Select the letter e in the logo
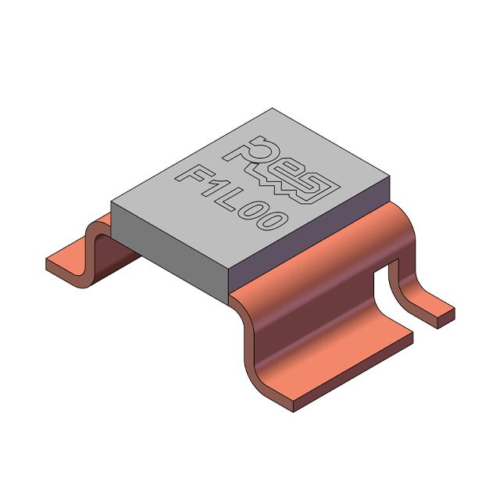(x=288, y=168)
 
